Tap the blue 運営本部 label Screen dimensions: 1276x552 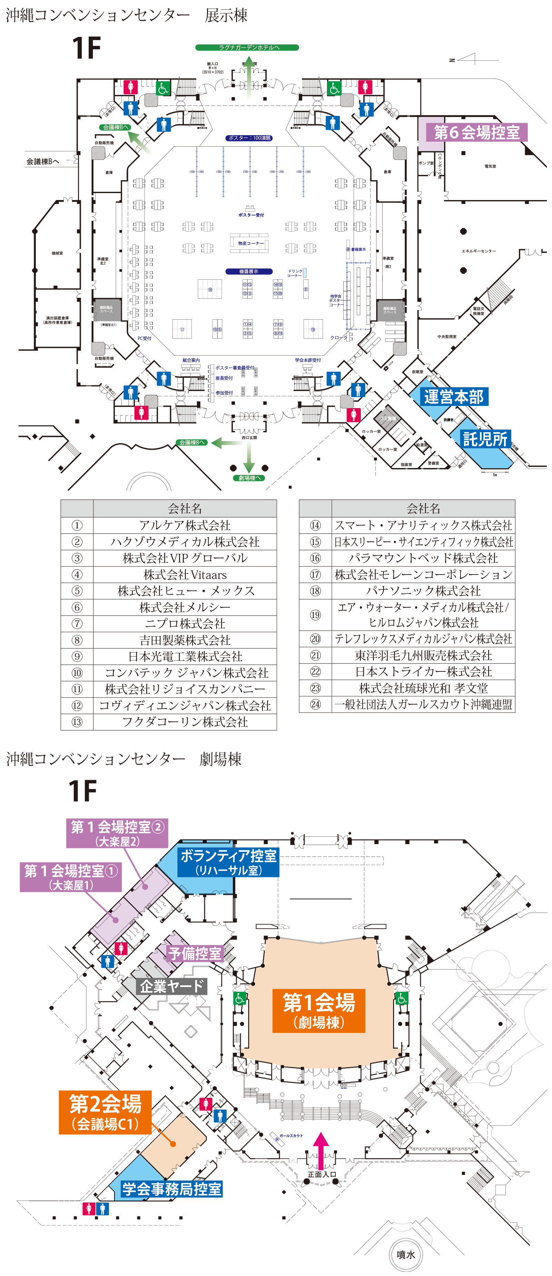453,397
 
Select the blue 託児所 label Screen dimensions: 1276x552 485,439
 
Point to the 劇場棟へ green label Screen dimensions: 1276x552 249,478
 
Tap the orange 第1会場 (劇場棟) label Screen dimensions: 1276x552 319,1010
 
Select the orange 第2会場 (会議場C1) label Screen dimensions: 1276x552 105,1113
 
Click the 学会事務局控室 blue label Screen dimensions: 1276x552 171,1189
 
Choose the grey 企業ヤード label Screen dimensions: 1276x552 171,986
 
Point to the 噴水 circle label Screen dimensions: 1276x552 406,1254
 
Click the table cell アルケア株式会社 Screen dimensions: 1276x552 185,525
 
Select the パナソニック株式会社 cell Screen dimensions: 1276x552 423,591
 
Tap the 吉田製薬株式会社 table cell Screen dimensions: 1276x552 185,640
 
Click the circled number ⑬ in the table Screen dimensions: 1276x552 77,722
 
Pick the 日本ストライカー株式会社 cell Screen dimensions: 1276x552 423,672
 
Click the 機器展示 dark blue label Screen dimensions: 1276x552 248,271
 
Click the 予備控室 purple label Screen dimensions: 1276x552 195,953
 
